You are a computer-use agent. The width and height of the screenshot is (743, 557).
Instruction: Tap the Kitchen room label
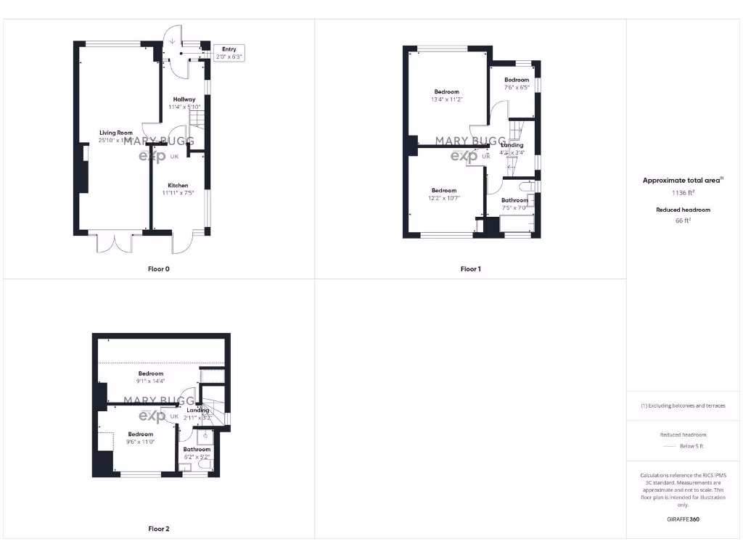pos(178,185)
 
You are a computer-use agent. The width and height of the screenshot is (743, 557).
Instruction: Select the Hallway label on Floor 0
pos(184,99)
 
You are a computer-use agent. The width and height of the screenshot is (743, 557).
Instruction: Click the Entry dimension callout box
pos(229,53)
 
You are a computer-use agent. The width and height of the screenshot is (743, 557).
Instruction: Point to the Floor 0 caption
pos(159,269)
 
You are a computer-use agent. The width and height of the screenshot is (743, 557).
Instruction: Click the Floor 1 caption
pos(470,269)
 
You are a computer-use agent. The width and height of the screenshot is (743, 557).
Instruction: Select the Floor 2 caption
pos(159,529)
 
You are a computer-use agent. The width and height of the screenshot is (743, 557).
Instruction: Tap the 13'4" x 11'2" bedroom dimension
pos(447,99)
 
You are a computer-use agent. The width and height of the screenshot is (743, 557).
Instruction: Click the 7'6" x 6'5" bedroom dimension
pos(517,87)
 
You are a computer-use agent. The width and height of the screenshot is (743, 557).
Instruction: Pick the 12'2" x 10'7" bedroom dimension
pos(444,198)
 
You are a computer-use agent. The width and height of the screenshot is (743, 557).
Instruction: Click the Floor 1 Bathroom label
pos(514,200)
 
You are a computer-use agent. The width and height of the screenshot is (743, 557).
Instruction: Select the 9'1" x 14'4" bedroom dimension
pos(151,381)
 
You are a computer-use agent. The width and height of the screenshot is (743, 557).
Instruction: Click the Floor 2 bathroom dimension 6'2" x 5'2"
pos(197,457)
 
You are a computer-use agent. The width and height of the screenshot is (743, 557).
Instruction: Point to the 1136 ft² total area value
pos(682,193)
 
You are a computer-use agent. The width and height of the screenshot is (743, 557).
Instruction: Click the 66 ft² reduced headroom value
pos(682,220)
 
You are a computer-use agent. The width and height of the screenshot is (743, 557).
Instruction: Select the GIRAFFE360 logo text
pos(683,519)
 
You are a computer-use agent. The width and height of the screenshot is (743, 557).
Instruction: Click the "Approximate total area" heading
pos(681,181)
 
